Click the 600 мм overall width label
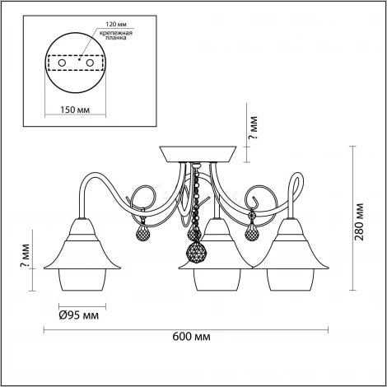191,336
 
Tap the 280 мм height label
359,221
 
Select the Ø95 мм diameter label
79,315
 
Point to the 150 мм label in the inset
75,110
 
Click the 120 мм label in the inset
117,25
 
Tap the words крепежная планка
116,35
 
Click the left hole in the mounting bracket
62,63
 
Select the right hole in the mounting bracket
90,63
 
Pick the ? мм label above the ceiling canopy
253,128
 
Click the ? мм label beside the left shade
25,255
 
